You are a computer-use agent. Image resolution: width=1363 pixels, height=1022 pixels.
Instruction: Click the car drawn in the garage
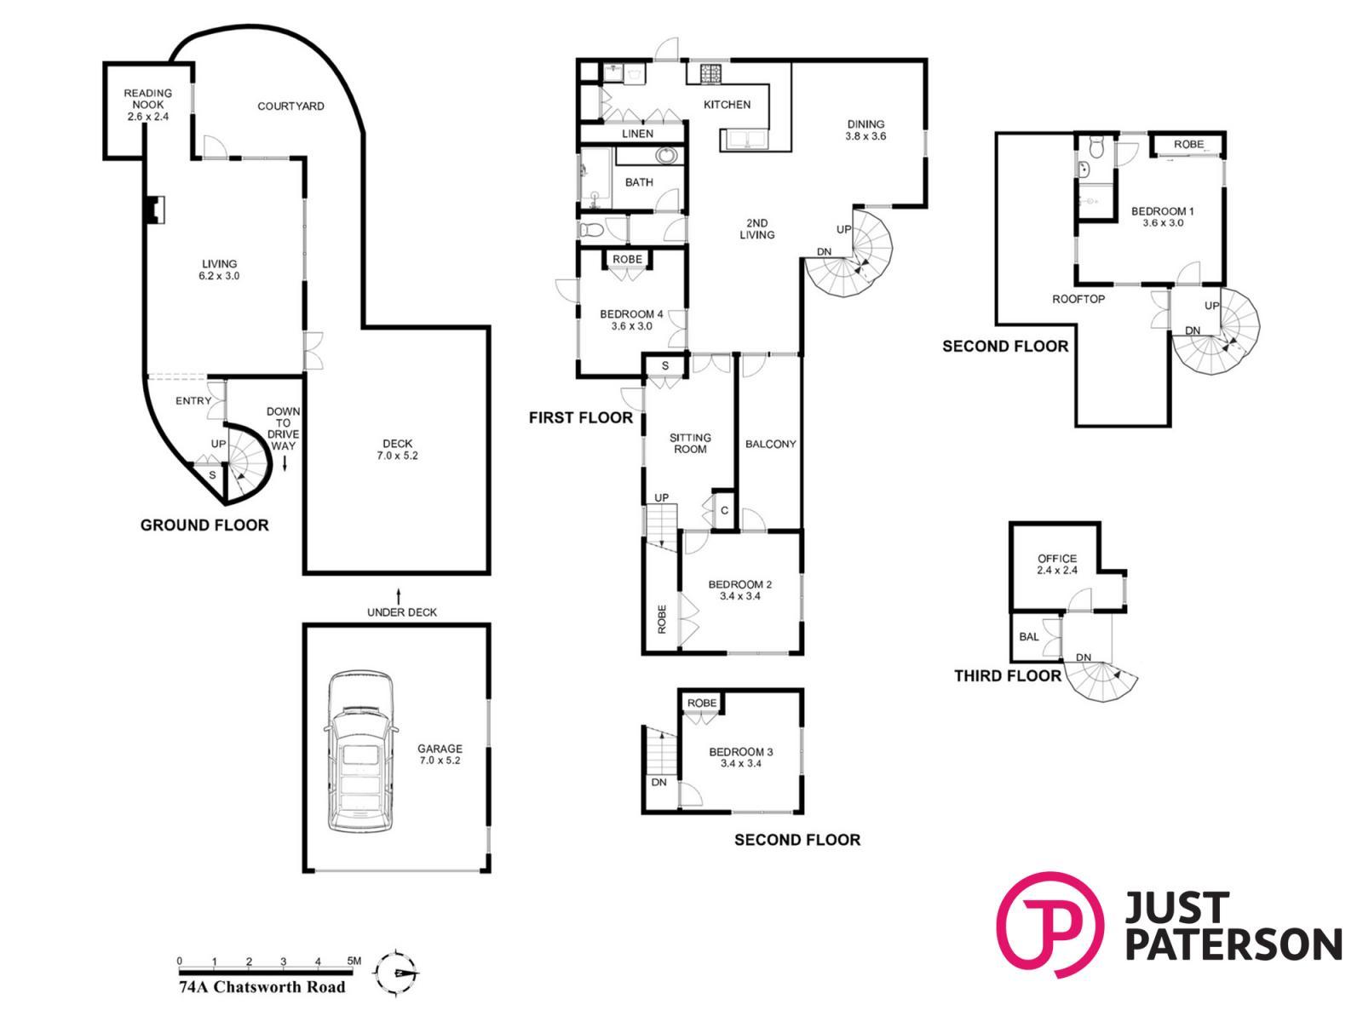point(361,751)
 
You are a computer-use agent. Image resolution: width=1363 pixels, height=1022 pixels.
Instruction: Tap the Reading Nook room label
point(147,104)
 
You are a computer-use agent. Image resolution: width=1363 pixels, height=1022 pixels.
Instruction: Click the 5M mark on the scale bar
point(354,962)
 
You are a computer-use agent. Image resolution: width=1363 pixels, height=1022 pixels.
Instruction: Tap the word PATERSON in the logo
point(1234,945)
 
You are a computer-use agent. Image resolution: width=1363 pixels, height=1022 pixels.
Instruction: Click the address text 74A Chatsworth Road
point(262,986)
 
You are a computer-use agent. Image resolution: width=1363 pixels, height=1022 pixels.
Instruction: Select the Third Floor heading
point(1007,675)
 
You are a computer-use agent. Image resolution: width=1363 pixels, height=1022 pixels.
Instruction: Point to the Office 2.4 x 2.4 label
point(1057,564)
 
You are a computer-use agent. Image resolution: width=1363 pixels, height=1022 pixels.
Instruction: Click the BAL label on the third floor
point(1028,637)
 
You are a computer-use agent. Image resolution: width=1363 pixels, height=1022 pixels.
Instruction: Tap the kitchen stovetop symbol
point(711,74)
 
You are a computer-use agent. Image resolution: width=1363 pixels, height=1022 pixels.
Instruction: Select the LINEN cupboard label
point(638,134)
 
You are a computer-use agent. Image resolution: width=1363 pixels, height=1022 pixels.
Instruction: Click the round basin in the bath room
point(665,155)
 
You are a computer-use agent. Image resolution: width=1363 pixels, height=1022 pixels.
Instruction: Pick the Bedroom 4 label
point(631,319)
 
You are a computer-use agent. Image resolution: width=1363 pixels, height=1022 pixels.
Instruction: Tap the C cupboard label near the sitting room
point(724,511)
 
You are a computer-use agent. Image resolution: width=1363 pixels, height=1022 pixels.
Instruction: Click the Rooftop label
point(1078,299)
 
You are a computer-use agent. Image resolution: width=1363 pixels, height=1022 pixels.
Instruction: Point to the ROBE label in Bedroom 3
point(702,703)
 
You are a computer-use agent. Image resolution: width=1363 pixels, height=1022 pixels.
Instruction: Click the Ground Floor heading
point(204,525)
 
